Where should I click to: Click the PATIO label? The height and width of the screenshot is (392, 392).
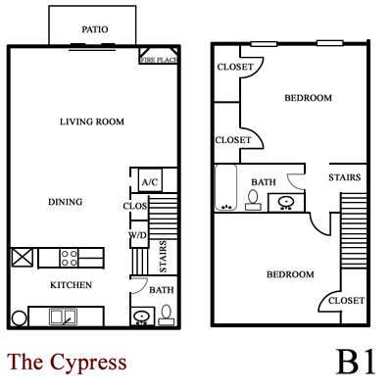tap(95, 29)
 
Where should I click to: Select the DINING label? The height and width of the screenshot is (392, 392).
tap(65, 202)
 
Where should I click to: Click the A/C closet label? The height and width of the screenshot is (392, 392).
tap(150, 182)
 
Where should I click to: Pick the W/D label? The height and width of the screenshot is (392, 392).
tap(138, 236)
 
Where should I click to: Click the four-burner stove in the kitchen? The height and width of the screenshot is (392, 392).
tap(70, 258)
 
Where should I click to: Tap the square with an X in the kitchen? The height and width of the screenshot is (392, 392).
tap(22, 258)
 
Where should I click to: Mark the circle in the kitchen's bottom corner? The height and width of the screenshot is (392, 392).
tap(18, 318)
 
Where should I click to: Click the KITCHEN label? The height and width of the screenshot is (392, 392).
tap(71, 285)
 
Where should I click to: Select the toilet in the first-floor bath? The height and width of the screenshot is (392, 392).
tap(166, 315)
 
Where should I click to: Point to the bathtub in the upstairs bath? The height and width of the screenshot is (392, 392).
tap(225, 188)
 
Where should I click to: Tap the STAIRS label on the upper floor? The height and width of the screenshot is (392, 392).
tap(345, 178)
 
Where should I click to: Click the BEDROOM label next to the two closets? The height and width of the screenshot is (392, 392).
tap(308, 98)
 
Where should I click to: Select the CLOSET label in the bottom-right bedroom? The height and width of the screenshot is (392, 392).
tap(346, 300)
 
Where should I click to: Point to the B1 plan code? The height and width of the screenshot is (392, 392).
tap(357, 361)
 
